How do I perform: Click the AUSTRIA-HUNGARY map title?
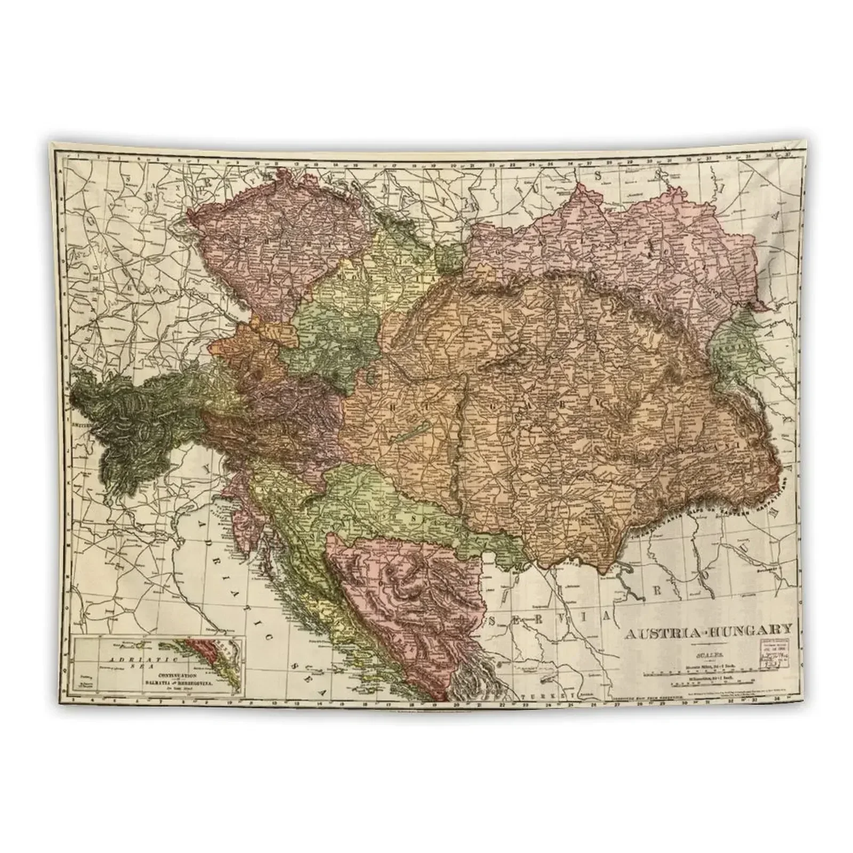pyautogui.click(x=708, y=634)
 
